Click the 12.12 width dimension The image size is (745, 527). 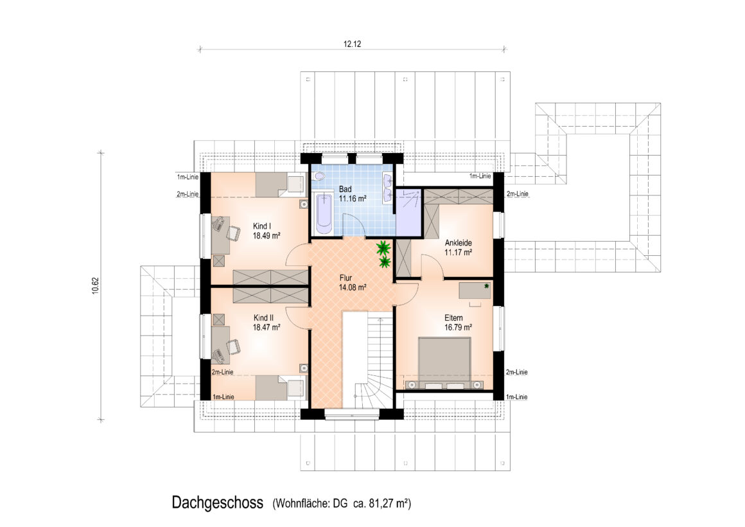pyautogui.click(x=352, y=44)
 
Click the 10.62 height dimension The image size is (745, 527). pyautogui.click(x=95, y=286)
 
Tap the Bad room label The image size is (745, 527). pyautogui.click(x=345, y=190)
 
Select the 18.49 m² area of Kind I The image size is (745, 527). pyautogui.click(x=267, y=235)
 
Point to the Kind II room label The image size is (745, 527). pyautogui.click(x=264, y=317)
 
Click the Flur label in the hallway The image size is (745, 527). pyautogui.click(x=346, y=278)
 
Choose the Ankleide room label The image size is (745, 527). pyautogui.click(x=458, y=243)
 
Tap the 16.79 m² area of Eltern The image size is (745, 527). pyautogui.click(x=458, y=327)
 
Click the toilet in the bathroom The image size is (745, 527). pyautogui.click(x=319, y=175)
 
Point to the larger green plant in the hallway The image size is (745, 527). pyautogui.click(x=383, y=248)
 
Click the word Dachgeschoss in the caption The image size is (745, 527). pyautogui.click(x=218, y=503)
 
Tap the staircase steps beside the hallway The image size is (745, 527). pyautogui.click(x=379, y=361)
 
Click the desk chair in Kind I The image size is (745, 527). pyautogui.click(x=232, y=233)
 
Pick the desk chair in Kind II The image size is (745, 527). pyautogui.click(x=232, y=347)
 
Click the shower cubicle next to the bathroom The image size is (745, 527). pyautogui.click(x=408, y=212)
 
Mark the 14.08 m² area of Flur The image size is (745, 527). pyautogui.click(x=353, y=287)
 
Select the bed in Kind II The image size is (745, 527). pyautogui.click(x=280, y=388)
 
